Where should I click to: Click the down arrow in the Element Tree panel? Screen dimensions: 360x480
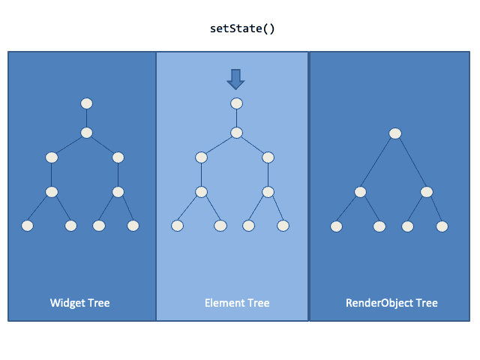point(236,78)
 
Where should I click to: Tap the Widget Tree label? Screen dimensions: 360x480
point(80,303)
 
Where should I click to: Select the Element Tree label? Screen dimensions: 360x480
point(237,303)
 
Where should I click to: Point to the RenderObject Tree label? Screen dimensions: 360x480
point(391,303)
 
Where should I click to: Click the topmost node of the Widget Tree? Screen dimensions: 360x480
point(86,103)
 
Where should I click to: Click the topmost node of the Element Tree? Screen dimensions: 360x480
point(236,103)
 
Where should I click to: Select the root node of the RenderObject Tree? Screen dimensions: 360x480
point(395,133)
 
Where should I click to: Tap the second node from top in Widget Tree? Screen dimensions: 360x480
point(86,133)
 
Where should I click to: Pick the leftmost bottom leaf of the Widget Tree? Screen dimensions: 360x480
point(28,225)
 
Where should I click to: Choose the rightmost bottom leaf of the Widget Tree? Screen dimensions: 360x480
point(133,225)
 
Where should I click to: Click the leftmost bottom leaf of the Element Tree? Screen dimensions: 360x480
point(178,225)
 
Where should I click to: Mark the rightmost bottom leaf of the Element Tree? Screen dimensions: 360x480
point(283,225)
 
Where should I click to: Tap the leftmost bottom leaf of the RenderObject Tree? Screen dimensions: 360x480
point(337,226)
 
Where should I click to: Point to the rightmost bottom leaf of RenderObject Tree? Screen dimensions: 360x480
point(442,226)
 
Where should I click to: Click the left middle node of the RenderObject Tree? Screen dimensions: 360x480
point(361,192)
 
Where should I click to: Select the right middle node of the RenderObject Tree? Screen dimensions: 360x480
point(427,192)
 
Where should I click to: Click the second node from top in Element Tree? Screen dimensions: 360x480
point(236,133)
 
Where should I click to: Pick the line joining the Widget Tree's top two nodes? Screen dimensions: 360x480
point(86,118)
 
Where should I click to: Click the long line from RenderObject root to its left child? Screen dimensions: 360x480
point(378,163)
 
